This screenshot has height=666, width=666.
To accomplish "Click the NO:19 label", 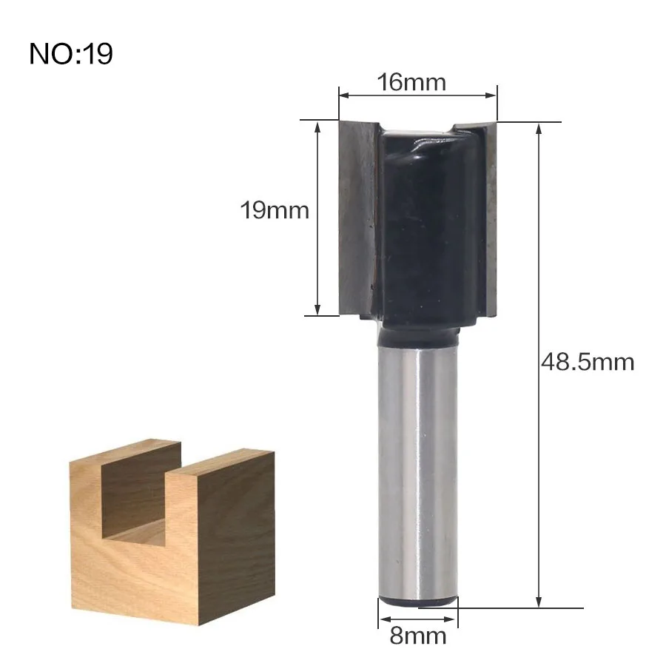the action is tap(71, 53).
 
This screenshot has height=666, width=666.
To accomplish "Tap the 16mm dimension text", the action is tap(411, 82).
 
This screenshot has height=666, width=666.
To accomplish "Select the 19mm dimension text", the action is tap(275, 210).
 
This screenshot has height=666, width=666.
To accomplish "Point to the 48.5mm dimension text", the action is tap(588, 363).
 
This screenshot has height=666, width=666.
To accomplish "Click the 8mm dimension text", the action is tap(418, 636).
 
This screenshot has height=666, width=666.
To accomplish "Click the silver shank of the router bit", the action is tap(418, 471).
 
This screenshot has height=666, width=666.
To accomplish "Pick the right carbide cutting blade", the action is tap(491, 219).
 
